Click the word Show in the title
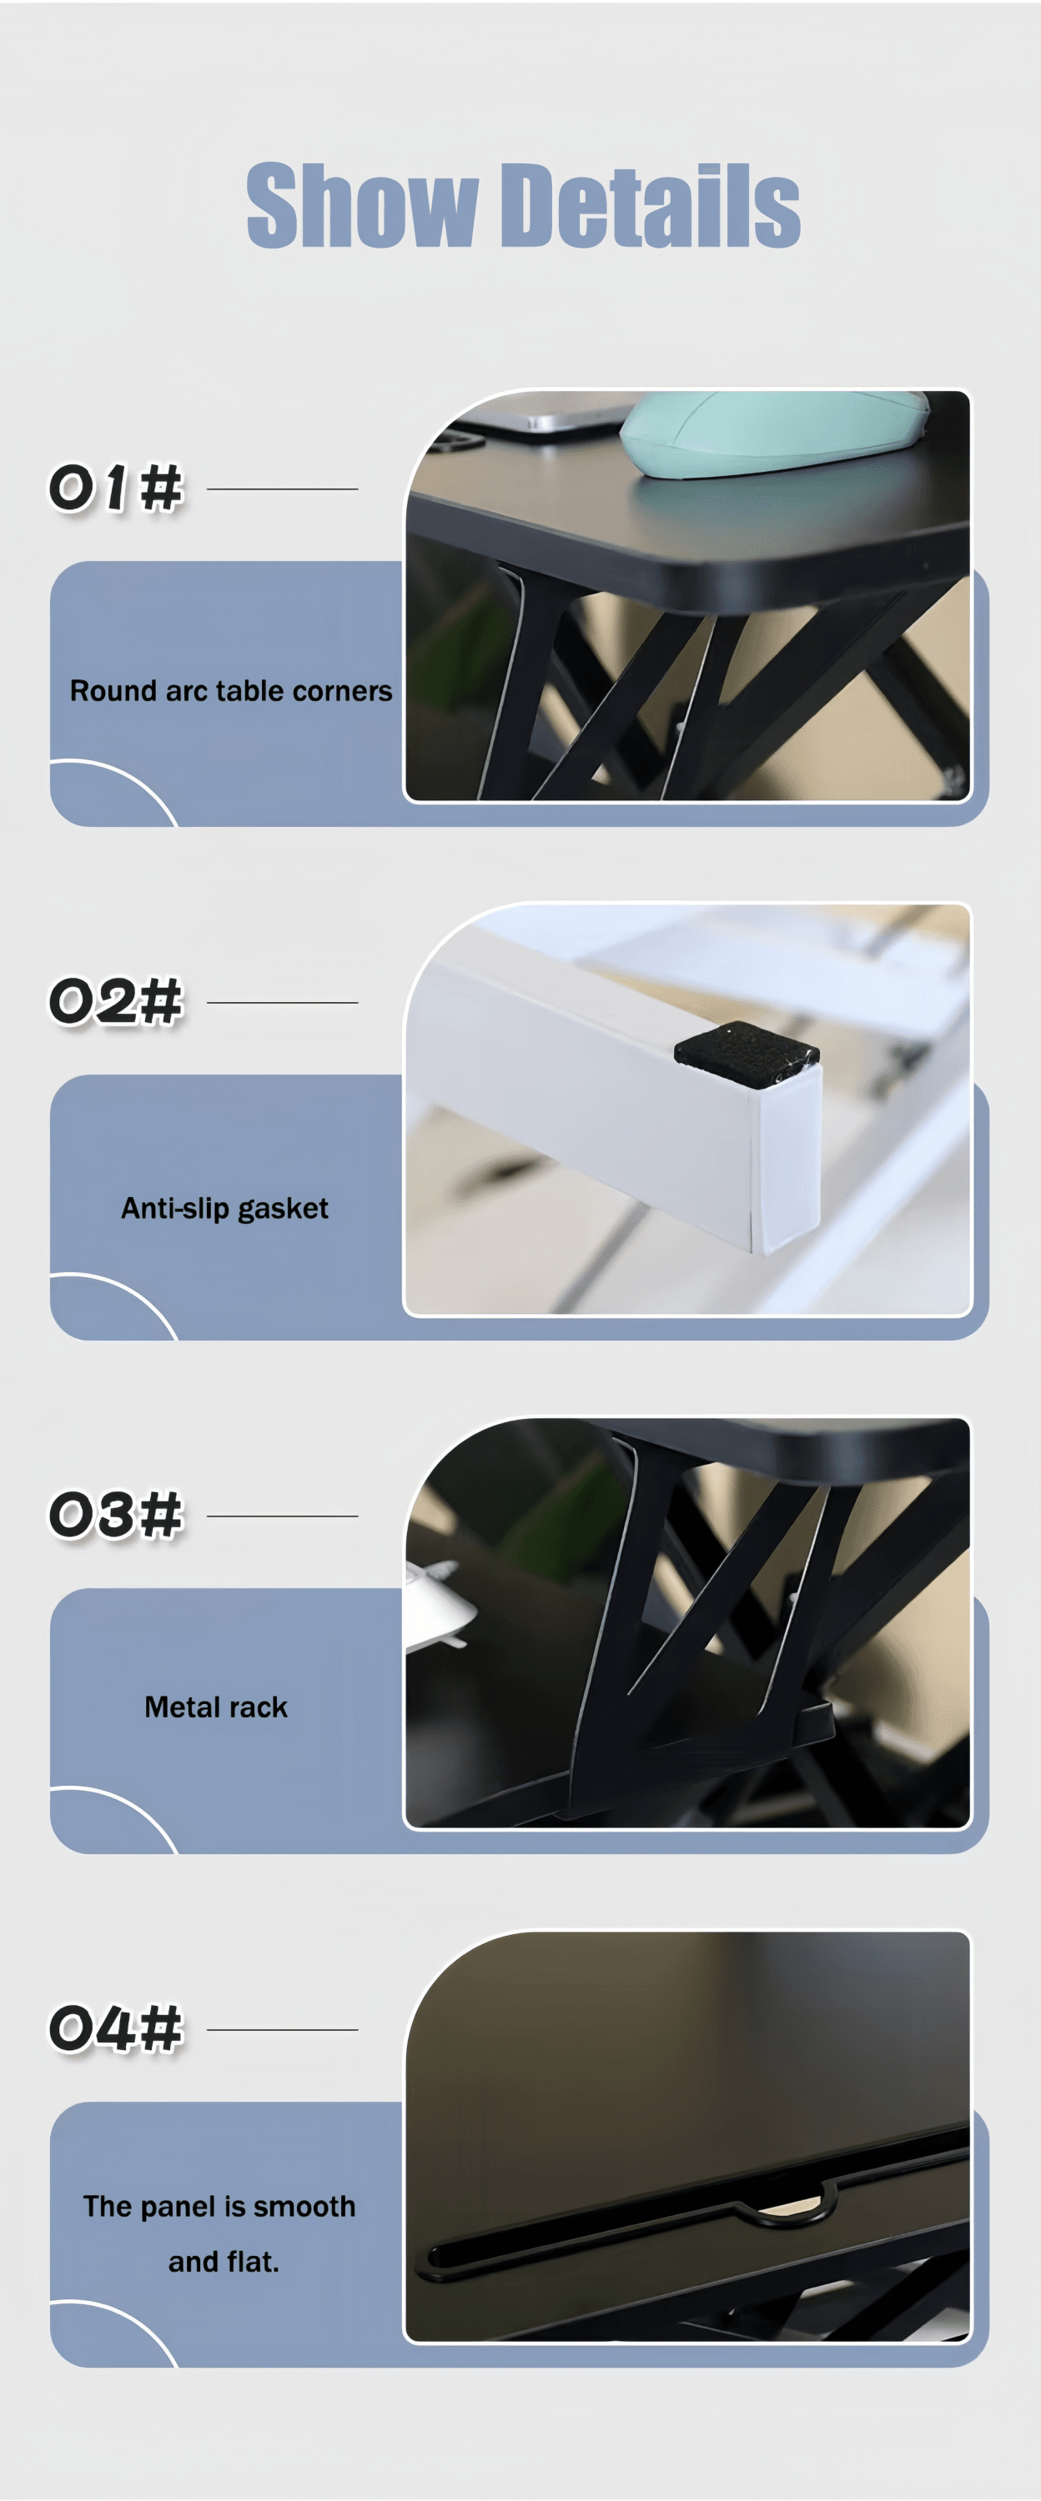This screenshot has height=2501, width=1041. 361,205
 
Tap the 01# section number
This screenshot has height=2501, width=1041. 116,488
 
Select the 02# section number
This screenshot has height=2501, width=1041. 116,1001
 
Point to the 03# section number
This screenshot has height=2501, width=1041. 116,1515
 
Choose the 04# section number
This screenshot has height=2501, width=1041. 116,2028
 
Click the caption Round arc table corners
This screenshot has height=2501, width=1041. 231,691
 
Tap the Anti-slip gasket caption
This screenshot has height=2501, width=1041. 224,1209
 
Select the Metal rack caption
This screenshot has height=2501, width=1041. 215,1707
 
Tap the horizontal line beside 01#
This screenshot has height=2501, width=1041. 283,489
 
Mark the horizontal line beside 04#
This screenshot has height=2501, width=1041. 283,2030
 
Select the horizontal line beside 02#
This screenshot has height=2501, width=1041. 283,1003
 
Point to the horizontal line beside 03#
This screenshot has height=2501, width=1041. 283,1516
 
